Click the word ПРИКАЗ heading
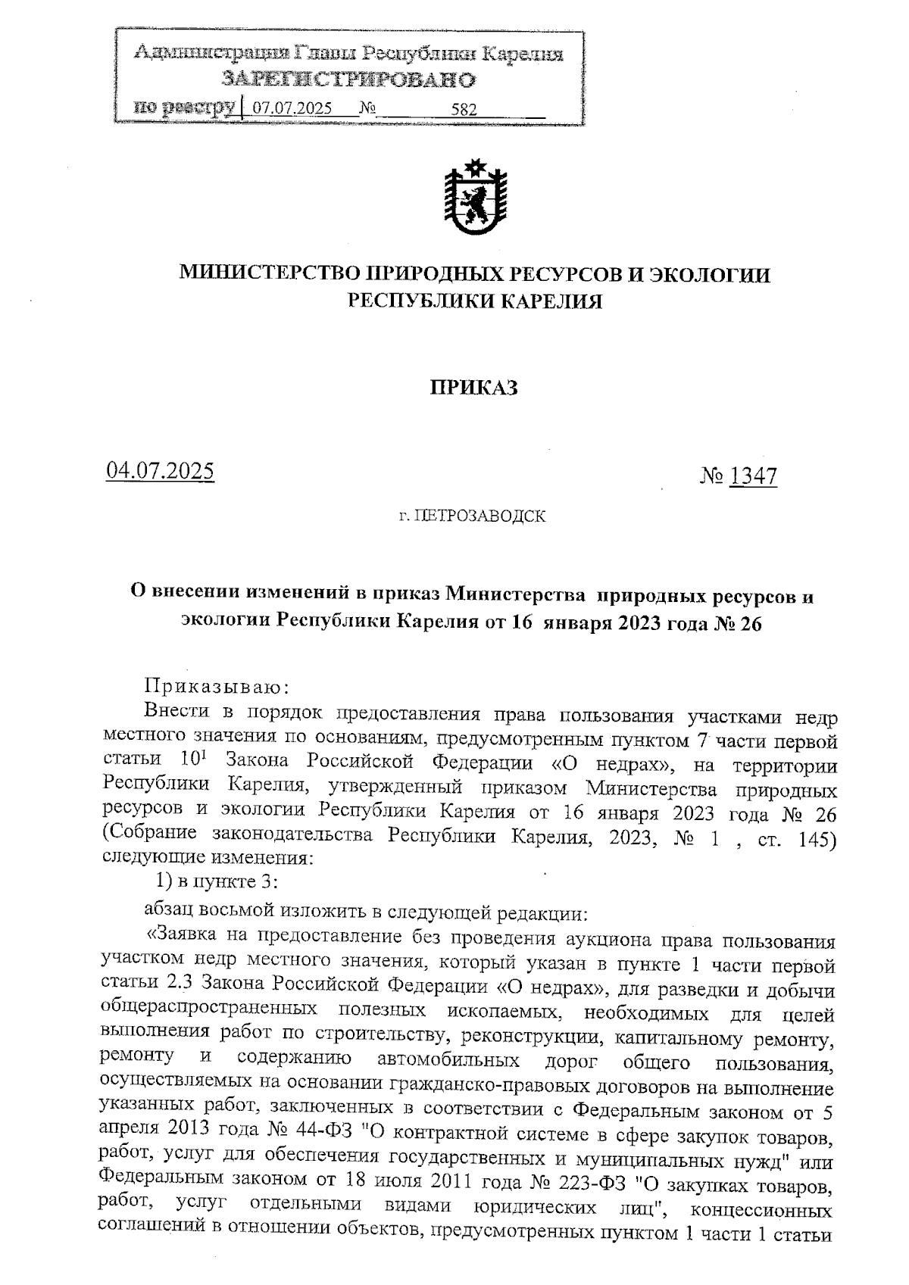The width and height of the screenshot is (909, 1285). [x=474, y=388]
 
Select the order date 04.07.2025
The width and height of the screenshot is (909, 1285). [x=160, y=471]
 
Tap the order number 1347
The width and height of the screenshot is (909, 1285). [x=752, y=476]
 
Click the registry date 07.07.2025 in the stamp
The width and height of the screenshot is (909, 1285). [x=292, y=108]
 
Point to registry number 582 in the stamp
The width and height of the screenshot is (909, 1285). [x=464, y=109]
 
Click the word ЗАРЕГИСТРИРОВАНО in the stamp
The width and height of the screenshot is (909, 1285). [x=348, y=80]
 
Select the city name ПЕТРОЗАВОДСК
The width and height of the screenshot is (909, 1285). [x=481, y=517]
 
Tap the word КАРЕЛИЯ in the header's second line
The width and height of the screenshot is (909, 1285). [x=552, y=302]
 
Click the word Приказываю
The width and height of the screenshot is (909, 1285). [x=216, y=687]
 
